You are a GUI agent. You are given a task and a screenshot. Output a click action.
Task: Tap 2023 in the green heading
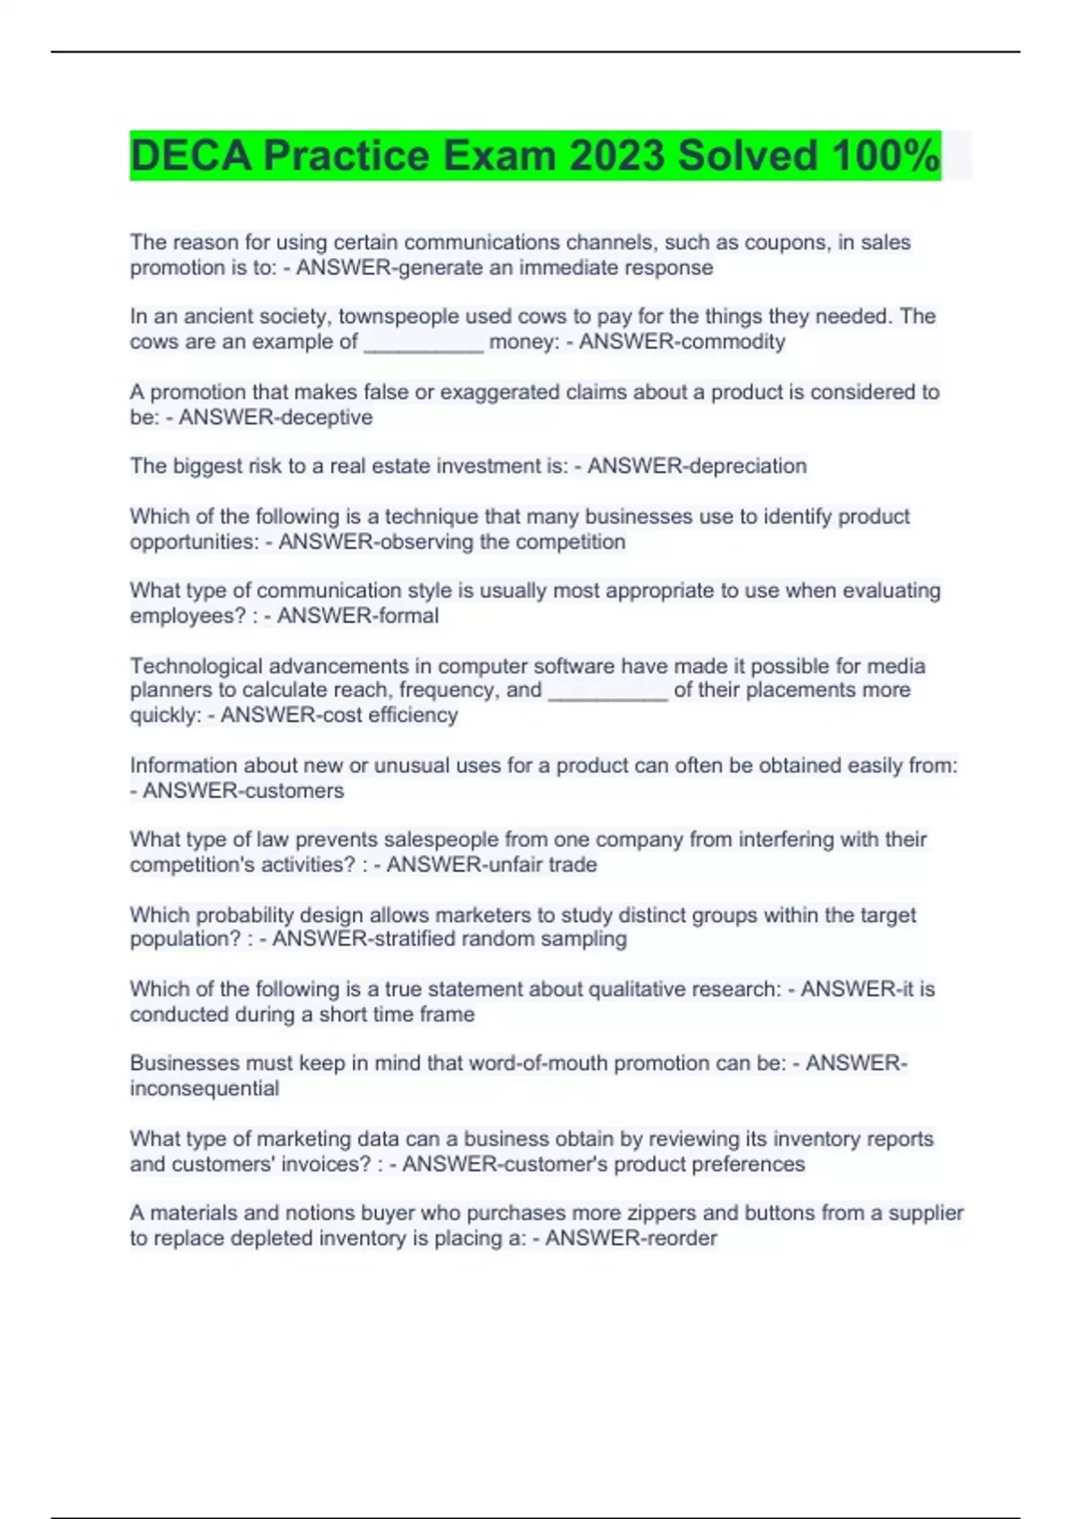(x=617, y=155)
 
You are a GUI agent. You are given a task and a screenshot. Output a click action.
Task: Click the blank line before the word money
(x=423, y=344)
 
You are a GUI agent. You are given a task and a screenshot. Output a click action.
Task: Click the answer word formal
(x=409, y=616)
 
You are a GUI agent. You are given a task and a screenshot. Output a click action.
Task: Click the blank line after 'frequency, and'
(x=607, y=693)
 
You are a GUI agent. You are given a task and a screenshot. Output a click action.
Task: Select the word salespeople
(x=412, y=840)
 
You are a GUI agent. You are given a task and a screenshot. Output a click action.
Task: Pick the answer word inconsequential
(x=205, y=1088)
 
